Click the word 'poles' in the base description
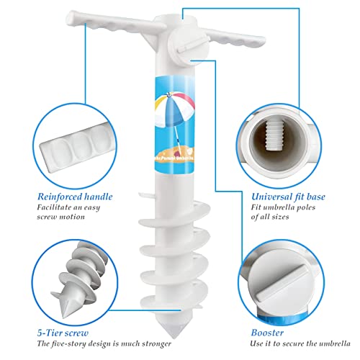tap(320, 207)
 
